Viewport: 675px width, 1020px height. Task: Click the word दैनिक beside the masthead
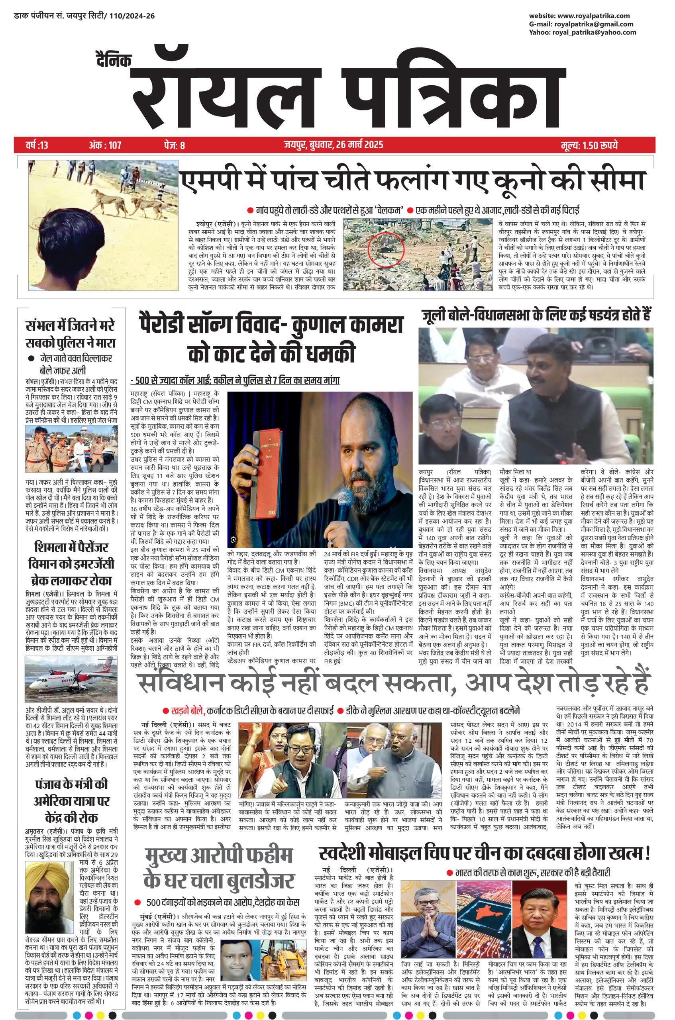(113, 61)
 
